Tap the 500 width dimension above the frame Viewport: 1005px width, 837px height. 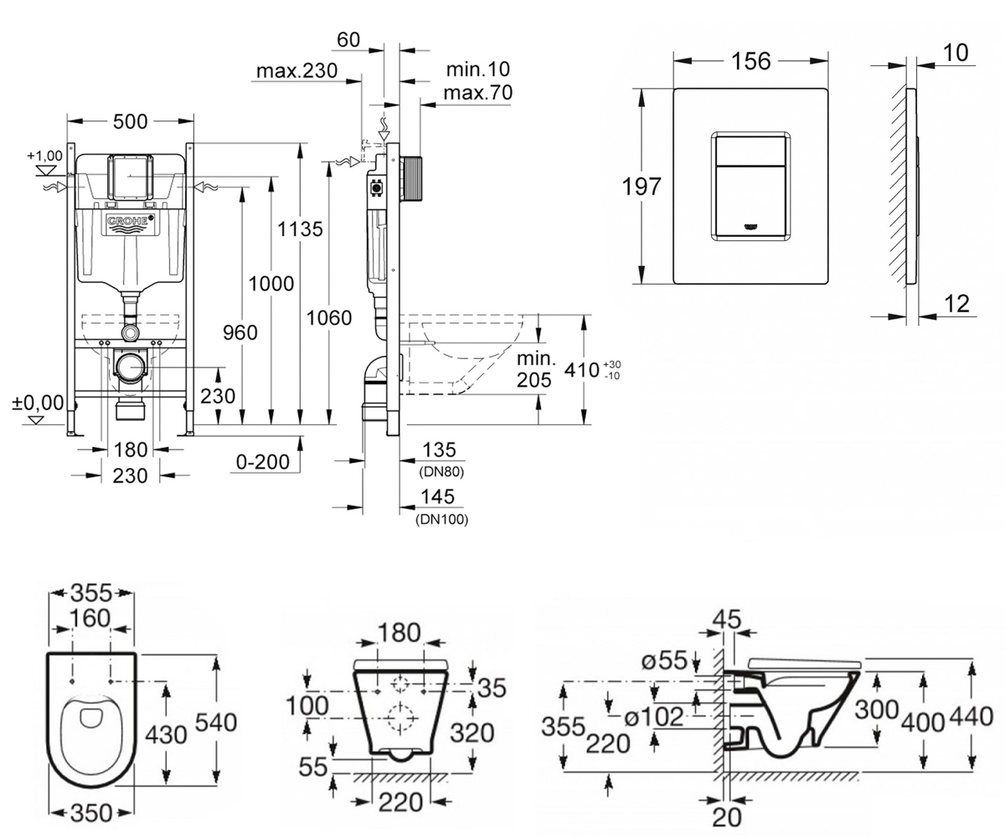[x=130, y=121]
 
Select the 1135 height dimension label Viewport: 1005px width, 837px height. [x=300, y=229]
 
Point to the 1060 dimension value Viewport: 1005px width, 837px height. [x=329, y=318]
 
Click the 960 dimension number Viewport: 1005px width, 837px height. [x=240, y=332]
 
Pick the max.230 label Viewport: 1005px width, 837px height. [x=297, y=71]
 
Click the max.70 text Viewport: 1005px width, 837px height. [x=478, y=92]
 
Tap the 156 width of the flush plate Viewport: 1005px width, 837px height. [x=751, y=61]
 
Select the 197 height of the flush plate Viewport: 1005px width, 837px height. [x=642, y=187]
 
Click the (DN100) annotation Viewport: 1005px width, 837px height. [x=442, y=519]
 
